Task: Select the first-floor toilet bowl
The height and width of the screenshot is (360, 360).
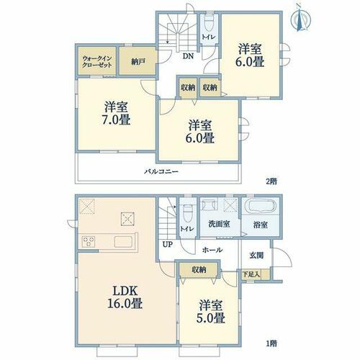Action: tap(187, 214)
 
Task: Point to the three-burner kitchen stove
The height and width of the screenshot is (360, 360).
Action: tap(89, 241)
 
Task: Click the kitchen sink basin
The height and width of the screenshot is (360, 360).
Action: tap(123, 241)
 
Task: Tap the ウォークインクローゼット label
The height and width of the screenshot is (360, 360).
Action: tap(97, 62)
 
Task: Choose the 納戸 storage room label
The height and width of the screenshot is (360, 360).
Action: tap(138, 62)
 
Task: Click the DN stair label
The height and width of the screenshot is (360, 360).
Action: tap(188, 56)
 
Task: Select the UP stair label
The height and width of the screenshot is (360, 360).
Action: tap(168, 244)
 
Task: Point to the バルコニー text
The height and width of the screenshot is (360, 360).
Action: tap(161, 171)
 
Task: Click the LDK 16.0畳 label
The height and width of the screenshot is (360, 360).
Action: tap(125, 297)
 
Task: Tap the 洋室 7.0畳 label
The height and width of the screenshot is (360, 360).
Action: tap(116, 113)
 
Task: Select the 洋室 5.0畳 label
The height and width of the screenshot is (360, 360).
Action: tap(210, 312)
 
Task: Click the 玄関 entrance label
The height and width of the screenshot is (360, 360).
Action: tap(256, 256)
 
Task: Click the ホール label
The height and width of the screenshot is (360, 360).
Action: tap(212, 250)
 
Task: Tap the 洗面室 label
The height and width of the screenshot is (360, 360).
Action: tap(220, 224)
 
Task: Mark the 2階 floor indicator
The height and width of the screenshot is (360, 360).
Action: tap(271, 181)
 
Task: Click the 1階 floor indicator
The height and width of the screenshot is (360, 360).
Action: tap(271, 343)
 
